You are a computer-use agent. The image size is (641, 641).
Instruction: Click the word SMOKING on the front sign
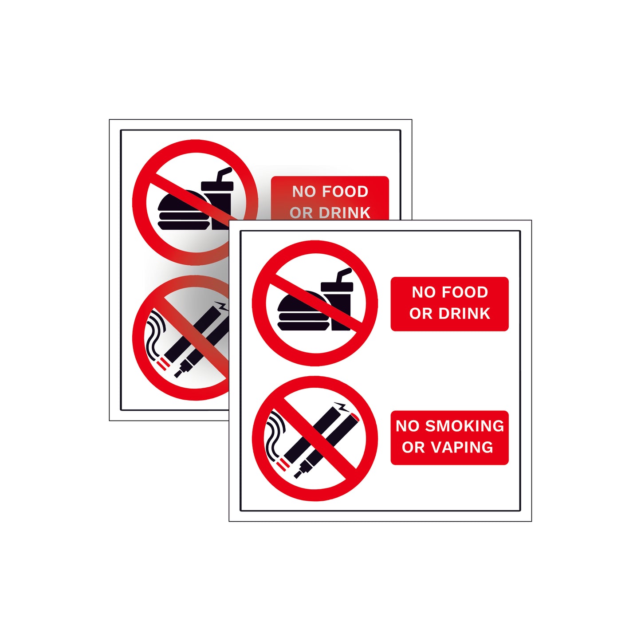pyautogui.click(x=464, y=426)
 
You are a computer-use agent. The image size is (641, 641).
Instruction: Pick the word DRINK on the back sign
pyautogui.click(x=344, y=213)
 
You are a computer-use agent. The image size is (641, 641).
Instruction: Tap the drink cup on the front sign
pyautogui.click(x=339, y=306)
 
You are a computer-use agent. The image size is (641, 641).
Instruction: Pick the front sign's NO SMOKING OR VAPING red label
pyautogui.click(x=449, y=437)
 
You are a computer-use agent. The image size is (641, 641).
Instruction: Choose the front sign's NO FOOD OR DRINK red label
pyautogui.click(x=449, y=304)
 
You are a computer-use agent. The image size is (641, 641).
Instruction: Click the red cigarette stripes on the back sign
pyautogui.click(x=163, y=364)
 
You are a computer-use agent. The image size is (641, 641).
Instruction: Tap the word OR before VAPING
pyautogui.click(x=413, y=447)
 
